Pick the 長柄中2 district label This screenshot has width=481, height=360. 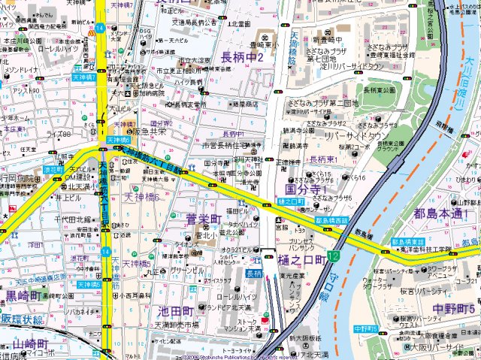[241, 57]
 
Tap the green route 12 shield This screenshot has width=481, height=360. [333, 257]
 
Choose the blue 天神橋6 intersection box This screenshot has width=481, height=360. [119, 140]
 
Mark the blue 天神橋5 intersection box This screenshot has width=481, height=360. [88, 285]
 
